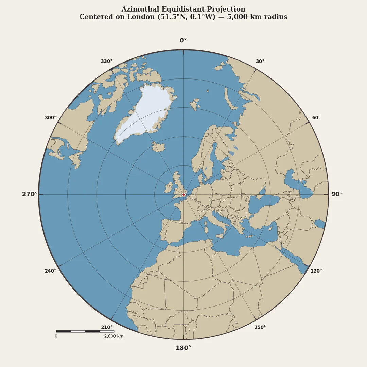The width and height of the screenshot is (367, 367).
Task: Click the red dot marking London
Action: click(x=183, y=195)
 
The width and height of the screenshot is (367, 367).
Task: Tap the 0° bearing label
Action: click(x=183, y=41)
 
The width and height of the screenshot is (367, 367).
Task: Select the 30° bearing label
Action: click(x=260, y=62)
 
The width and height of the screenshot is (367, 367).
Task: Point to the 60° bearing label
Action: click(x=316, y=118)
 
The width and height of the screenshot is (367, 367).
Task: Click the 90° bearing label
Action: click(x=336, y=194)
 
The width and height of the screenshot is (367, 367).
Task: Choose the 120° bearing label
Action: click(x=316, y=271)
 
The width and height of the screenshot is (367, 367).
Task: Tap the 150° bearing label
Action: click(x=260, y=327)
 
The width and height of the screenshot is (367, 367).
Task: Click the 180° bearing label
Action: click(x=183, y=348)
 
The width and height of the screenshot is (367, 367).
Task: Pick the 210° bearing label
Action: click(x=107, y=327)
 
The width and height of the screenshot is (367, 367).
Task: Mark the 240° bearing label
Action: click(x=51, y=271)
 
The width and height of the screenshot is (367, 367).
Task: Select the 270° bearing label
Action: click(x=30, y=194)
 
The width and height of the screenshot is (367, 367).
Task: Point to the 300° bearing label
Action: click(x=51, y=118)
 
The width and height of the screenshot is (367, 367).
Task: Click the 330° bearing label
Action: click(x=107, y=62)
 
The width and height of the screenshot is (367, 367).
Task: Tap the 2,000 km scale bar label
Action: click(x=114, y=336)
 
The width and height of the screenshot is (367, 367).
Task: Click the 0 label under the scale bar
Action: click(x=56, y=336)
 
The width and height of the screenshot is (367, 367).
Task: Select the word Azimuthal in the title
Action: click(x=139, y=10)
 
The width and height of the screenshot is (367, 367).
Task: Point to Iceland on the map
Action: click(x=158, y=147)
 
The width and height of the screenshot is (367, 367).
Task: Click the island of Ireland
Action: click(x=169, y=188)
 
